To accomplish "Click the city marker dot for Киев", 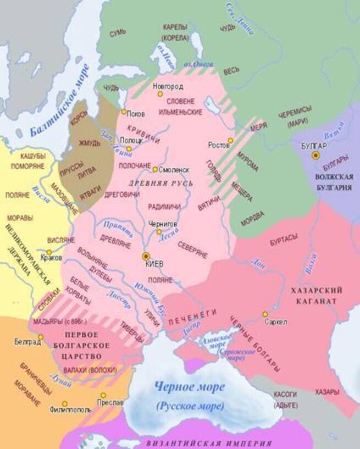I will [x=146, y=256].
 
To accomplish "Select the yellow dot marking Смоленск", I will [x=156, y=169].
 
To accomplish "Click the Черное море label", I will [x=190, y=387].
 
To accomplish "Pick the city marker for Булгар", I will [x=315, y=156].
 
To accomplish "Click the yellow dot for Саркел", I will [x=265, y=314].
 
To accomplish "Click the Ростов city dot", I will [x=230, y=141].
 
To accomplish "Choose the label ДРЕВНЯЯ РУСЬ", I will [x=160, y=182].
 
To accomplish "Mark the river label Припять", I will [x=119, y=225].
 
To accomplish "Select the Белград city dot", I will [x=40, y=337].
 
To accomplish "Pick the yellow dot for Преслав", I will [x=103, y=395].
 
